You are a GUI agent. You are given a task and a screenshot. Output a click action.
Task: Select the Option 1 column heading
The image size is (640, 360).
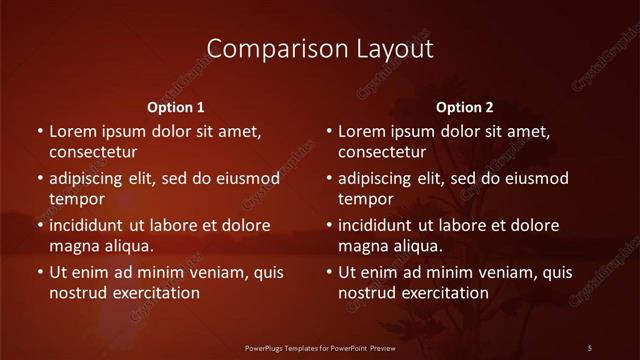pyautogui.click(x=176, y=106)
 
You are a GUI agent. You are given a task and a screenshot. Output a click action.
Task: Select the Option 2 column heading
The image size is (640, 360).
pyautogui.click(x=465, y=106)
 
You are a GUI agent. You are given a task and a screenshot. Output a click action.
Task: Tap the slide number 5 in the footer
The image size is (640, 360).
pyautogui.click(x=590, y=347)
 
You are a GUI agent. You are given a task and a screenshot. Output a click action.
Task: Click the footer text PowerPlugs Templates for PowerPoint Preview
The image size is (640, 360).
pyautogui.click(x=319, y=347)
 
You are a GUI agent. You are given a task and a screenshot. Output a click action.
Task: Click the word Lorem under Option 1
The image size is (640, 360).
pyautogui.click(x=73, y=131)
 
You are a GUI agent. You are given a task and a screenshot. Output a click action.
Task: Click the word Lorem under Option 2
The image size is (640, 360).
pyautogui.click(x=362, y=131)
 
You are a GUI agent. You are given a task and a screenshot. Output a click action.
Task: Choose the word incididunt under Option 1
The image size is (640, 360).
pyautogui.click(x=91, y=225)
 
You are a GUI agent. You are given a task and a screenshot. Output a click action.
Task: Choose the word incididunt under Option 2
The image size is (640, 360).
pyautogui.click(x=380, y=225)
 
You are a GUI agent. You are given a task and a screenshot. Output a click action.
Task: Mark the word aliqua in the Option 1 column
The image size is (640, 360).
pyautogui.click(x=128, y=245)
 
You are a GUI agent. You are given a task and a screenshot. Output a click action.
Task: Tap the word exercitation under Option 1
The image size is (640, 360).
pyautogui.click(x=153, y=293)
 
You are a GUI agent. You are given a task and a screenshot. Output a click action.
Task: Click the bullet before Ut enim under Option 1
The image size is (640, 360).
pyautogui.click(x=38, y=272)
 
